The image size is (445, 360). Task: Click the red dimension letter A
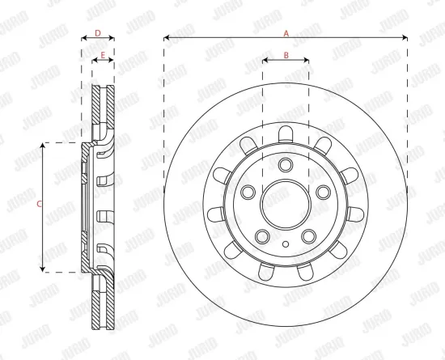(286, 33)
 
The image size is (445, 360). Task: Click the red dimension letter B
(286, 55)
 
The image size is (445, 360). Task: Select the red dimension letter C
(40, 204)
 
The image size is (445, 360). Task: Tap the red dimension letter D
(98, 33)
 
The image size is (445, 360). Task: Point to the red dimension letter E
(103, 55)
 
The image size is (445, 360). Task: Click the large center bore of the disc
(286, 204)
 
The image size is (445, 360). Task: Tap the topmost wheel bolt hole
(286, 165)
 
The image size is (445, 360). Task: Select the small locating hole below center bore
(286, 244)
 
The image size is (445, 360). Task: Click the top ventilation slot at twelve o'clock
(286, 134)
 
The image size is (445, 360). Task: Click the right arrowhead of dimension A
(405, 37)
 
